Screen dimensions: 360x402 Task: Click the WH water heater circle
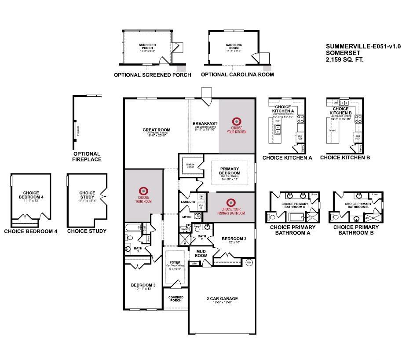249,263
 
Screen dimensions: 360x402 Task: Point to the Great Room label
156,130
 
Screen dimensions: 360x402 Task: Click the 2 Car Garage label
222,298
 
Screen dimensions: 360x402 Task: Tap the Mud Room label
201,253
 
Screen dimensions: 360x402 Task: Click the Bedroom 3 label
143,285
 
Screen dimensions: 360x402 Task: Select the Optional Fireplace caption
87,157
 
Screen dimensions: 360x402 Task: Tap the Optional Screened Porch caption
152,75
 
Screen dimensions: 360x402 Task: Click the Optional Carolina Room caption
238,75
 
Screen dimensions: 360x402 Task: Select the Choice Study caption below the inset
87,231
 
